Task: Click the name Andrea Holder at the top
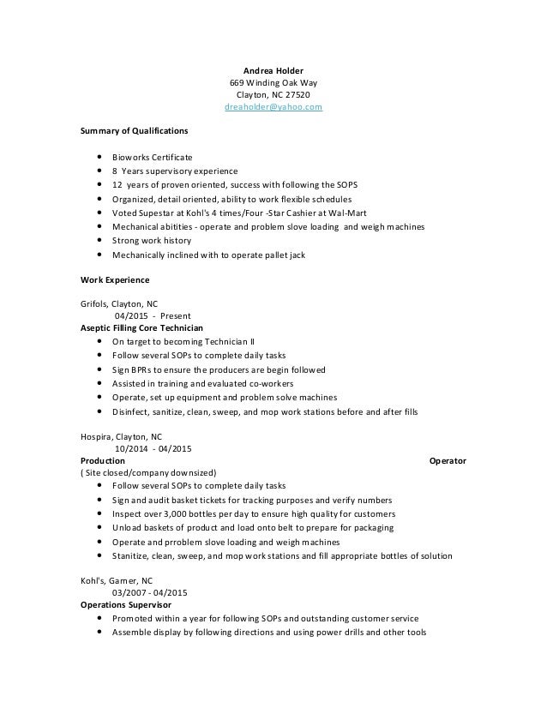tap(268, 70)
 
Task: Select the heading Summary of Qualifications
tap(135, 132)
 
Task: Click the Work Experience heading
tap(115, 279)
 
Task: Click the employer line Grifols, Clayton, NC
tap(119, 303)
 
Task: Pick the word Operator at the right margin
tap(447, 460)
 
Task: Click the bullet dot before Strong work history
tap(102, 242)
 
